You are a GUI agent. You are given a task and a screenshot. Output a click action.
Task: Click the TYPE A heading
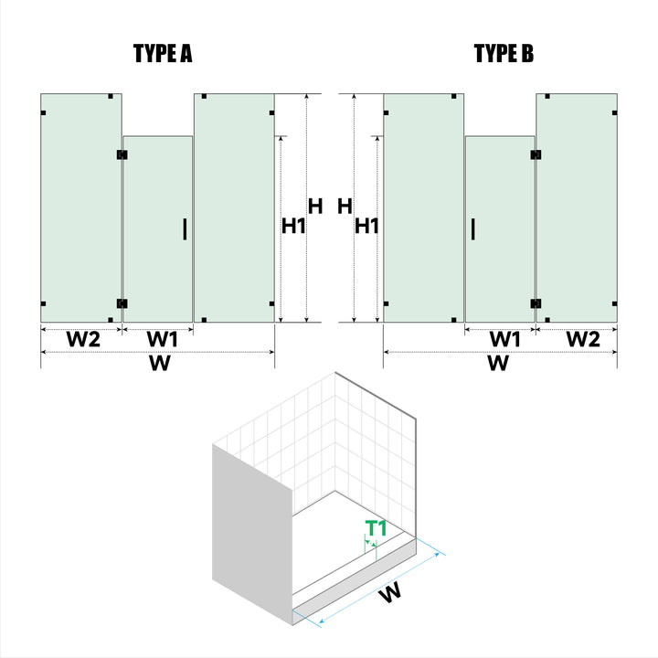pos(163,54)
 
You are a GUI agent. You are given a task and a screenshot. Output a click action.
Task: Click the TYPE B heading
pos(504,54)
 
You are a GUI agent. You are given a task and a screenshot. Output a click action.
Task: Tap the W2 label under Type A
pos(83,339)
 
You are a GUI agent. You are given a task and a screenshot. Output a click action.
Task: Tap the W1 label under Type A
pos(163,339)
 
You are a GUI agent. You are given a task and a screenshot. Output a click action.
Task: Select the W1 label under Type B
pos(504,339)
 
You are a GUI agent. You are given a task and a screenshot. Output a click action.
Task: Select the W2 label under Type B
pos(584,339)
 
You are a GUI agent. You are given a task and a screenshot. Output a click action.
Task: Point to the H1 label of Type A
pos(293,227)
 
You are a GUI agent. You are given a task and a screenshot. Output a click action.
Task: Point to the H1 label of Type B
pos(366,227)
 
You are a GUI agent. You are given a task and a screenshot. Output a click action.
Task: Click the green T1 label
pos(376,528)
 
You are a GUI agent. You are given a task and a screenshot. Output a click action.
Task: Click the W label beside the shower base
pos(390,593)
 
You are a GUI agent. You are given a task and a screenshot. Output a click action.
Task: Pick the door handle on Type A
pos(185,229)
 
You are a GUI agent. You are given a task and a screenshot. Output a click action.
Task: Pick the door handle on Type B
pos(473,229)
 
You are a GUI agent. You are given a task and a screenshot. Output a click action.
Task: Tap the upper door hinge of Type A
pos(122,154)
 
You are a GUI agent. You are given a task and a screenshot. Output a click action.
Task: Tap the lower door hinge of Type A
pos(122,303)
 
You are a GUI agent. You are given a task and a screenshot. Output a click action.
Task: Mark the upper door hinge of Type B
pos(536,154)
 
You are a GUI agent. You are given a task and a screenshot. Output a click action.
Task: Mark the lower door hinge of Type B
pos(536,303)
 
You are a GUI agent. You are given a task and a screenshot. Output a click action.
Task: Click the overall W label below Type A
pos(160,364)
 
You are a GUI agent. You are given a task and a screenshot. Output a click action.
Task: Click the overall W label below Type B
pos(498,364)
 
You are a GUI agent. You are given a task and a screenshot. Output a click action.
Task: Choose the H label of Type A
pos(315,206)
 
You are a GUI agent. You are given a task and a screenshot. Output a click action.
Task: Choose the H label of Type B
pos(345,206)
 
